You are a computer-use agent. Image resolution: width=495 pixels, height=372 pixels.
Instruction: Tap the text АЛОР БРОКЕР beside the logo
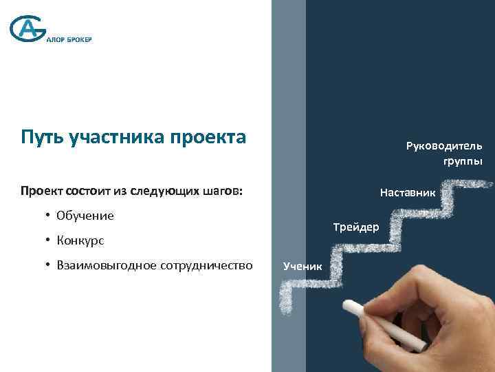click(69, 39)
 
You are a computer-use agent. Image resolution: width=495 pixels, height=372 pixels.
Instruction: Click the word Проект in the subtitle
click(42, 190)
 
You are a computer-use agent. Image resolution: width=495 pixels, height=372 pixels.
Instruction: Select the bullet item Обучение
click(85, 216)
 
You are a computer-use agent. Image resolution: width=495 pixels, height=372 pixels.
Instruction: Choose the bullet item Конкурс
click(80, 240)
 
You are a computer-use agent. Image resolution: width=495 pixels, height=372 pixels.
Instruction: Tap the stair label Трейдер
click(355, 227)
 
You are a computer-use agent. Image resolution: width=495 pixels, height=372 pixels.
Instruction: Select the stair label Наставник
click(407, 193)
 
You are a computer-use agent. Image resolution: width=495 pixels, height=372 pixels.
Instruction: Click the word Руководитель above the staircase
click(444, 146)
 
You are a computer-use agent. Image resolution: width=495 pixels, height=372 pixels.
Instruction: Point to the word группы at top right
click(467, 161)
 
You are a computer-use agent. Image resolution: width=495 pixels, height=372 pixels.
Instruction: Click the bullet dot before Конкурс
click(49, 240)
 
